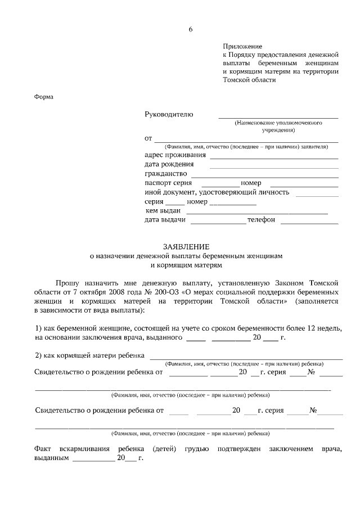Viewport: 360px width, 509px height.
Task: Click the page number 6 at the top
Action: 191,29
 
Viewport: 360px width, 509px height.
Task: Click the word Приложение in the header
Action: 242,46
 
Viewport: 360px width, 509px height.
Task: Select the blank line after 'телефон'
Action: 309,223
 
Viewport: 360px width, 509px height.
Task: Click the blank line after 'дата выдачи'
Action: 218,223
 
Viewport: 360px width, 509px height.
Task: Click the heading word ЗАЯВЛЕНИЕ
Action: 186,246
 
